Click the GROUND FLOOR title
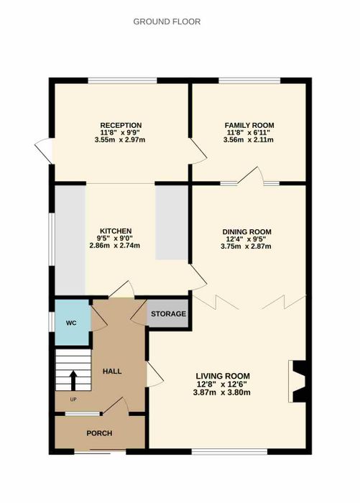coord(167,22)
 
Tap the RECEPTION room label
coord(121,126)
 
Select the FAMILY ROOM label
coord(249,126)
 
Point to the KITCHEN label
coord(116,231)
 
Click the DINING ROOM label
coord(246,232)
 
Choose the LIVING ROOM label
coord(223,376)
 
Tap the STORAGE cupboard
coord(168,314)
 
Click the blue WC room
coord(72,323)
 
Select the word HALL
coord(112,372)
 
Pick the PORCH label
coord(99,433)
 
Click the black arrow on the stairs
coord(73,380)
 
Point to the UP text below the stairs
coord(73,400)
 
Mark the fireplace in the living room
coord(297,382)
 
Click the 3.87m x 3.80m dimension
coord(222,392)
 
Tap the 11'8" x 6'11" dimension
coord(249,133)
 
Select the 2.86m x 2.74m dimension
coord(114,246)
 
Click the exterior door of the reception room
coord(44,151)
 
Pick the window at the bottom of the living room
coord(229,452)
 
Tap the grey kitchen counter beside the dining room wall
coord(172,222)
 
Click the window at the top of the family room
coord(249,80)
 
